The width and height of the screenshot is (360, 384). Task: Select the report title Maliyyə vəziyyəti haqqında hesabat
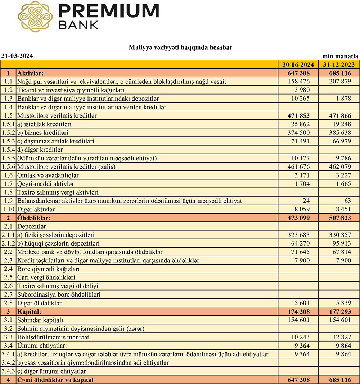click(x=180, y=47)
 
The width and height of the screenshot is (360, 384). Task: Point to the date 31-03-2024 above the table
click(x=17, y=56)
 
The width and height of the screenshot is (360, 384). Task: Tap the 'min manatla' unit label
click(x=340, y=56)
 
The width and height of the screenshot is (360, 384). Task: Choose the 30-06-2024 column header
click(x=298, y=65)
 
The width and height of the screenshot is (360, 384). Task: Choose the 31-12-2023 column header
click(x=339, y=65)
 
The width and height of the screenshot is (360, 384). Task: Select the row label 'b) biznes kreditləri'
click(x=43, y=133)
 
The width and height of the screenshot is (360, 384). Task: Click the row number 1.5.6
click(x=8, y=166)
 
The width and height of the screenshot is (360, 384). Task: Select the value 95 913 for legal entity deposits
click(x=340, y=243)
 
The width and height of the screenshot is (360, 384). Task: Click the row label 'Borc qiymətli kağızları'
click(x=48, y=269)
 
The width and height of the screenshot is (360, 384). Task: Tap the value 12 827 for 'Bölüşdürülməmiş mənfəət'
click(x=340, y=337)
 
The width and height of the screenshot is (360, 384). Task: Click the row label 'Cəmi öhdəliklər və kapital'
click(x=55, y=380)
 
